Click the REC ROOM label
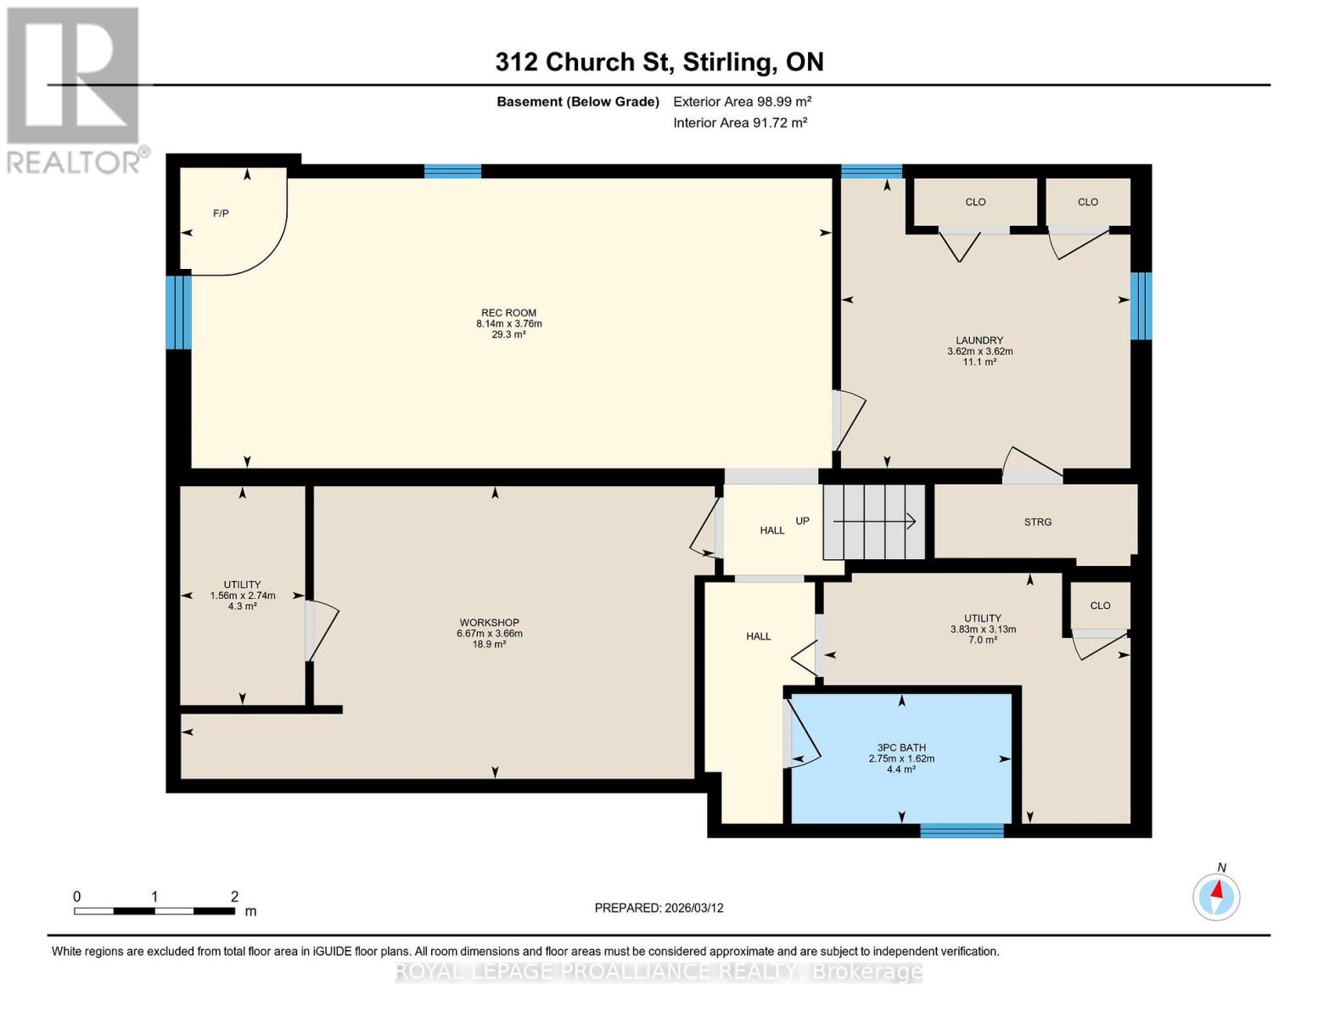508,313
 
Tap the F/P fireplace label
221,213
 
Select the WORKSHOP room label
489,623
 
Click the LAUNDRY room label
979,340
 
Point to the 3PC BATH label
901,748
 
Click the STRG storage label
1037,522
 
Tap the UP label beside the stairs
802,521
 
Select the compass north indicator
1216,895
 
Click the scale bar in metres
154,910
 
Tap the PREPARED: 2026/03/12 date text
659,908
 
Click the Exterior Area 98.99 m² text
742,102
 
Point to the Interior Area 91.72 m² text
739,123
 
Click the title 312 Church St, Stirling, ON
659,62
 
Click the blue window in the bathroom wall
962,831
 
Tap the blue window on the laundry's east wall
1141,305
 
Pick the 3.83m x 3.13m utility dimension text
983,629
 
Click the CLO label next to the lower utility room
1100,606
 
